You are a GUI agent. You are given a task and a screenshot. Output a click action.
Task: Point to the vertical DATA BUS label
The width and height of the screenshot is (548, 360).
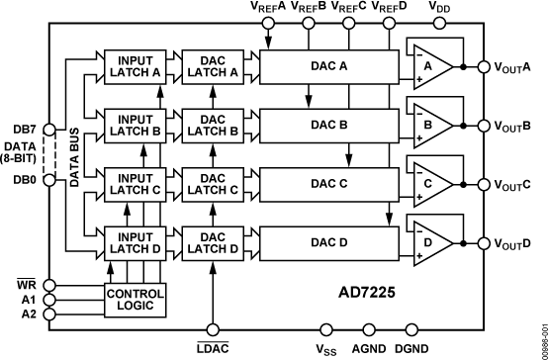pos(74,154)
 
